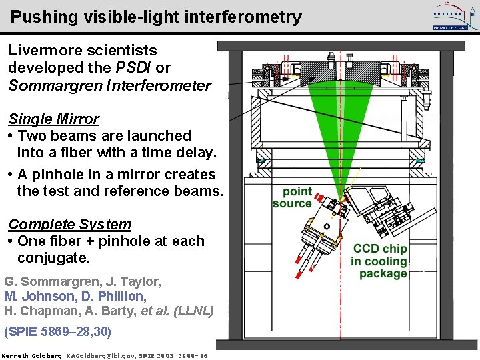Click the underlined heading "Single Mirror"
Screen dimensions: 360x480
53,119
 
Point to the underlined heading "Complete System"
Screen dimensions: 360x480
69,225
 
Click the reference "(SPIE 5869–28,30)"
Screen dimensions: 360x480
58,331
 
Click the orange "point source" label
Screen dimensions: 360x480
293,197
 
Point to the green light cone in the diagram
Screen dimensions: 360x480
341,127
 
